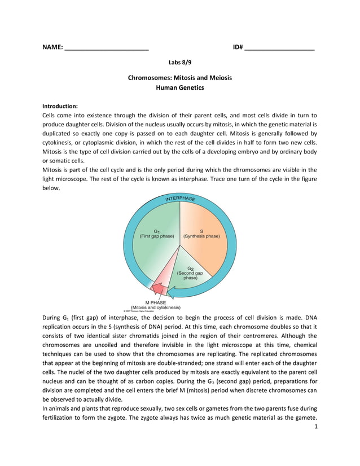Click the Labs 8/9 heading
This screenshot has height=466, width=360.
180,63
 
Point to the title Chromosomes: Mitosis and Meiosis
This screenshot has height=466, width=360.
180,77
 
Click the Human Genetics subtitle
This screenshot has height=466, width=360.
180,88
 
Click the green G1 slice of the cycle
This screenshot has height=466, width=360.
155,243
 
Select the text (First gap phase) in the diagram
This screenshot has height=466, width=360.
156,236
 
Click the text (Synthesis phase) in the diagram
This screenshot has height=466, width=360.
201,236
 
